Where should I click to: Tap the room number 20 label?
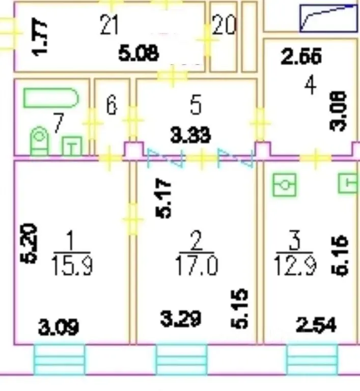[224, 25]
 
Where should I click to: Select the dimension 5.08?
[139, 52]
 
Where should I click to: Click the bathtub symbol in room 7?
[51, 98]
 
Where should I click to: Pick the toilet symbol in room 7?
[39, 141]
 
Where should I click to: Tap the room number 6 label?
[112, 106]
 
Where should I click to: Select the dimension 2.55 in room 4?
[301, 57]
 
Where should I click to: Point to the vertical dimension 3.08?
[339, 111]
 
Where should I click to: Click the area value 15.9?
[71, 265]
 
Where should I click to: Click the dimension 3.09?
[59, 326]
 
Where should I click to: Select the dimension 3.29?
[180, 319]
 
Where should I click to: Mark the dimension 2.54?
[316, 324]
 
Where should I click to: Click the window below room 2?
[181, 359]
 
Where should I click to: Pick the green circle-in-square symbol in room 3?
[285, 184]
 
